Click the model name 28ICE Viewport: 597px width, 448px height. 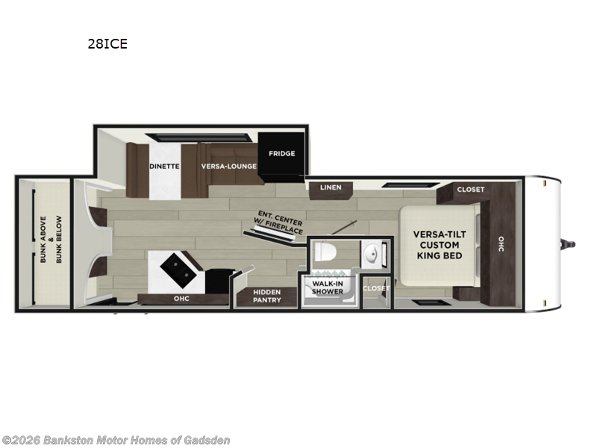coord(107,44)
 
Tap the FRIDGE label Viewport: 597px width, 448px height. coord(282,154)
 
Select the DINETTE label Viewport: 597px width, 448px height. coord(164,167)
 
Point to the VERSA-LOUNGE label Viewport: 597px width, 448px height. coord(229,167)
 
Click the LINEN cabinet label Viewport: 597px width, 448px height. coord(331,187)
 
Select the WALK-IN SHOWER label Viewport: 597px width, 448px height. coord(328,287)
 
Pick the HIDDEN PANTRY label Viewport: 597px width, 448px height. coord(267,296)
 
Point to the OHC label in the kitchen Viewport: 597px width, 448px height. coord(181,298)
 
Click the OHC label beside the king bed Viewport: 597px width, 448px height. coord(501,244)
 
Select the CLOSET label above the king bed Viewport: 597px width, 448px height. coord(471,190)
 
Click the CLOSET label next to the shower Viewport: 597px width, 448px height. coord(376,288)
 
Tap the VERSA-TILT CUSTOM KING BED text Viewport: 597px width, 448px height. coord(440,245)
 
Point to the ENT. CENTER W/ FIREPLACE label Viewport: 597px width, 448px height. coord(279,223)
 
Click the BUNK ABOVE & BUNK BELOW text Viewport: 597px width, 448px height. coord(51,240)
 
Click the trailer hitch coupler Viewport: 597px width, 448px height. coord(569,245)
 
